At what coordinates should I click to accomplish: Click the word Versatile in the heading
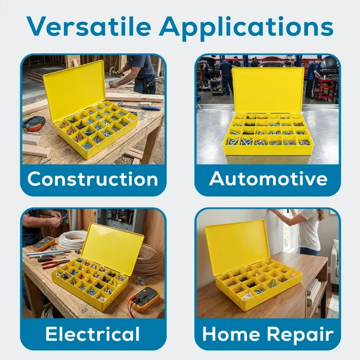[89, 26]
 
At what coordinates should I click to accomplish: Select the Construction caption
[93, 179]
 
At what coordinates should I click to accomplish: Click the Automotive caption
[268, 178]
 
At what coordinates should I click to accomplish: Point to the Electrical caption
[93, 334]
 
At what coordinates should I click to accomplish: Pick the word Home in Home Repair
[231, 334]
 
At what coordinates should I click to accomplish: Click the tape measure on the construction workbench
[33, 124]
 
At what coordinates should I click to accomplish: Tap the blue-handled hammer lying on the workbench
[138, 106]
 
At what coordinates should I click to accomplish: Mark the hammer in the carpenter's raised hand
[116, 72]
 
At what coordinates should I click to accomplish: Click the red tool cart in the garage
[324, 87]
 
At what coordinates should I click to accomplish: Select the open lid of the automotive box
[268, 90]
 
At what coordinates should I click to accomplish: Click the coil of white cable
[73, 240]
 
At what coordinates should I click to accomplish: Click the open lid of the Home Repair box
[238, 247]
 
